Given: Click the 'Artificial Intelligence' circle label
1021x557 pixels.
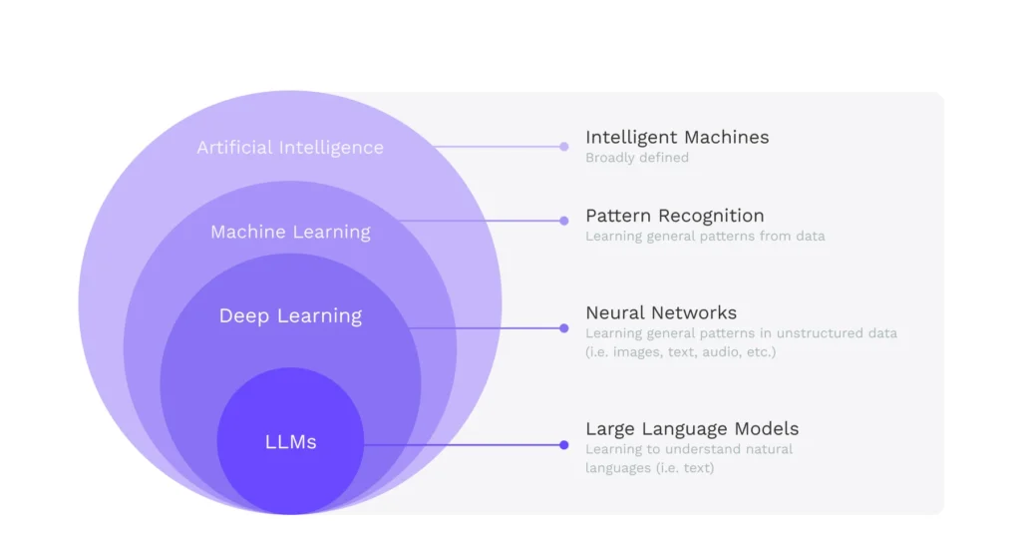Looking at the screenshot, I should [x=290, y=148].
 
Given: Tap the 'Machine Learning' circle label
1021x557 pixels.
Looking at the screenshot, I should [x=290, y=233].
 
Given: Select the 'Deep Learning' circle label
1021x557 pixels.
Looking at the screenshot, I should [x=290, y=316].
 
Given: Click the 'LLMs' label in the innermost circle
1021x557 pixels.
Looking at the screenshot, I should [x=291, y=442].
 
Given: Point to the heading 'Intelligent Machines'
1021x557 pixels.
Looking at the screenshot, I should [x=677, y=138].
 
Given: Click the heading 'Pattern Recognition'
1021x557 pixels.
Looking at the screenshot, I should [x=674, y=216].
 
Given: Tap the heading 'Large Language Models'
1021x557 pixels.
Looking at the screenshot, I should [x=692, y=429].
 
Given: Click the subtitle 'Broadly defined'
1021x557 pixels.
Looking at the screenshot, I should [x=636, y=158].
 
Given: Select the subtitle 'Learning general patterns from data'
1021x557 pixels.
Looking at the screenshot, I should [x=705, y=237].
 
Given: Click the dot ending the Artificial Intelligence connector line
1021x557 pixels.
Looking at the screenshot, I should [x=564, y=147].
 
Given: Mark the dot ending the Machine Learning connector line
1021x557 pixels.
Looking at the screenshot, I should [x=564, y=221].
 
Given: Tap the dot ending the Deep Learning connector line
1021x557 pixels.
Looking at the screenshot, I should [x=564, y=328].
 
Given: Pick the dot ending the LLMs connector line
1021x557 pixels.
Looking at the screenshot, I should [x=564, y=445].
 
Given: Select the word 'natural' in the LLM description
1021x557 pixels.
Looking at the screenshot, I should [x=768, y=449].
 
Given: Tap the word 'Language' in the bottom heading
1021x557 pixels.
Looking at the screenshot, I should [x=686, y=429].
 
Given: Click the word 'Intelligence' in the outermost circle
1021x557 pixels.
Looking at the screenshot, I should [x=332, y=148].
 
